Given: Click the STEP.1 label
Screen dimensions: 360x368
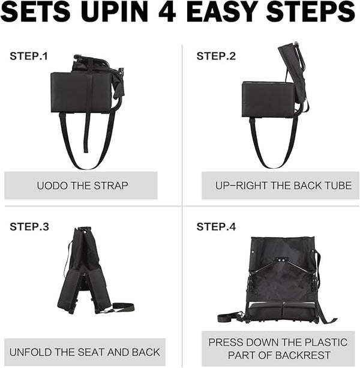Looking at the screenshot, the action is (x=29, y=56).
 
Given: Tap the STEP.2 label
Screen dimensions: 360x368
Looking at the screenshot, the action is (x=216, y=56).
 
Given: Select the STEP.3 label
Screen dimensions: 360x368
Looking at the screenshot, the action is (x=29, y=227).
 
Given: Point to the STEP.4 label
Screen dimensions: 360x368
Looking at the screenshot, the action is (x=216, y=227).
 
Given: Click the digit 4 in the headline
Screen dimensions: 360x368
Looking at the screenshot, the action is (x=167, y=11).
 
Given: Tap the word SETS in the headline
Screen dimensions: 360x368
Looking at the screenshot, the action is (x=35, y=11).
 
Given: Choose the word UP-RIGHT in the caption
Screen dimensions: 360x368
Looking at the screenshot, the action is (x=242, y=186).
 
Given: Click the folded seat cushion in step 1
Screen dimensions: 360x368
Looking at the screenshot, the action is (x=81, y=92).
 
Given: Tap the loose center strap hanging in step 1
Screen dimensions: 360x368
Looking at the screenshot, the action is (x=87, y=131).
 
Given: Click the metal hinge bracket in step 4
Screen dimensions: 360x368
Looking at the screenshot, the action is (x=280, y=260).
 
